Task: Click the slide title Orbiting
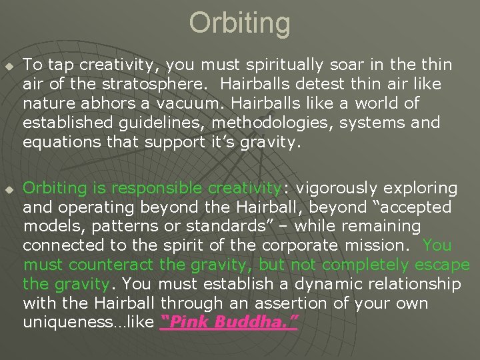pyautogui.click(x=240, y=23)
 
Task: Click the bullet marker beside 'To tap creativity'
pyautogui.click(x=9, y=65)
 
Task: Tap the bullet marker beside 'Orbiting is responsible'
pyautogui.click(x=9, y=189)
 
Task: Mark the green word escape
pyautogui.click(x=442, y=265)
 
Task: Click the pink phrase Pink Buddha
pyautogui.click(x=230, y=323)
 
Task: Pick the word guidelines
pyautogui.click(x=145, y=123)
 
